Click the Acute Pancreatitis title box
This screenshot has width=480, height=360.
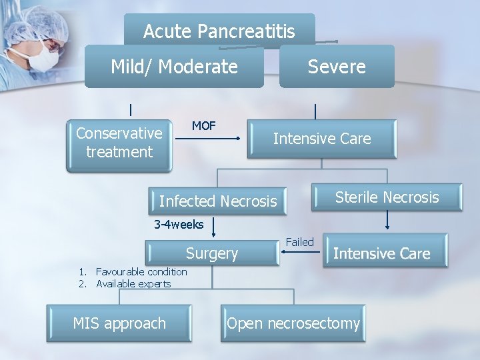point(219,31)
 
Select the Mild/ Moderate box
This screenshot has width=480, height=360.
point(174,67)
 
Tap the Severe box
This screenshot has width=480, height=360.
point(337,67)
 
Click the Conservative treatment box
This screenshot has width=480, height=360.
point(119,143)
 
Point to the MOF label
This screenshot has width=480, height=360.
point(203,126)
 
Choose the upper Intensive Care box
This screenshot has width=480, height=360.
point(322,139)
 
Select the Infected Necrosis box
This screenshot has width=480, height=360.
point(217,201)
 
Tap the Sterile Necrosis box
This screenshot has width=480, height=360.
point(387,197)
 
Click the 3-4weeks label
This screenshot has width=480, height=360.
point(179,225)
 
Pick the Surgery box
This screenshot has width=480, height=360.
point(211,253)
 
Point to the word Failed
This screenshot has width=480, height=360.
point(299,242)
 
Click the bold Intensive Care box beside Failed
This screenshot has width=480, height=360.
point(381,253)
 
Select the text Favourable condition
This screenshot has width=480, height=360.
point(141,271)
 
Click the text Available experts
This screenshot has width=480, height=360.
point(133,283)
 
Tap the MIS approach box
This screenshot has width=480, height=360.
point(119,323)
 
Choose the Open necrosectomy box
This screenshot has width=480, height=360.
point(293,323)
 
